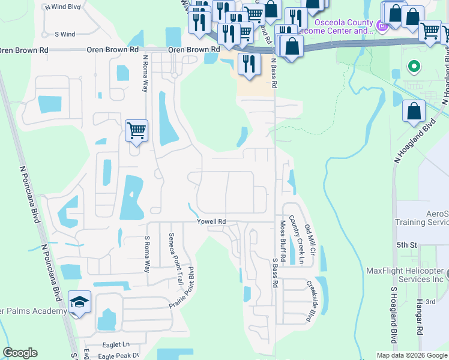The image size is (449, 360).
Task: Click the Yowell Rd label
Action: pyautogui.click(x=211, y=222)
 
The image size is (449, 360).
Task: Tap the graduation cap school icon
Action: pyautogui.click(x=79, y=302)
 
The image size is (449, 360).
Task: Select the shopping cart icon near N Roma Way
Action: pyautogui.click(x=137, y=130)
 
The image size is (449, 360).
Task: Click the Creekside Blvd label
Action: pyautogui.click(x=311, y=302)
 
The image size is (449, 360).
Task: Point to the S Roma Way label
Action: pyautogui.click(x=146, y=254)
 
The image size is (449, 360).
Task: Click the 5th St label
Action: pyautogui.click(x=406, y=245)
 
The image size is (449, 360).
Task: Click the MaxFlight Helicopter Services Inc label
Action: pyautogui.click(x=406, y=275)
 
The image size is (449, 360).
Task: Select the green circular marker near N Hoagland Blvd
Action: pyautogui.click(x=413, y=66)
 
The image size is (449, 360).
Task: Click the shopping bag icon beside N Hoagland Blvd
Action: pyautogui.click(x=414, y=111)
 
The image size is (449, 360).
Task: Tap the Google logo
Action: pyautogui.click(x=20, y=353)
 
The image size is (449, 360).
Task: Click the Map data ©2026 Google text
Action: pyautogui.click(x=411, y=355)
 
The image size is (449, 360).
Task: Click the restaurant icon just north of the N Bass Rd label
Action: pyautogui.click(x=249, y=63)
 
